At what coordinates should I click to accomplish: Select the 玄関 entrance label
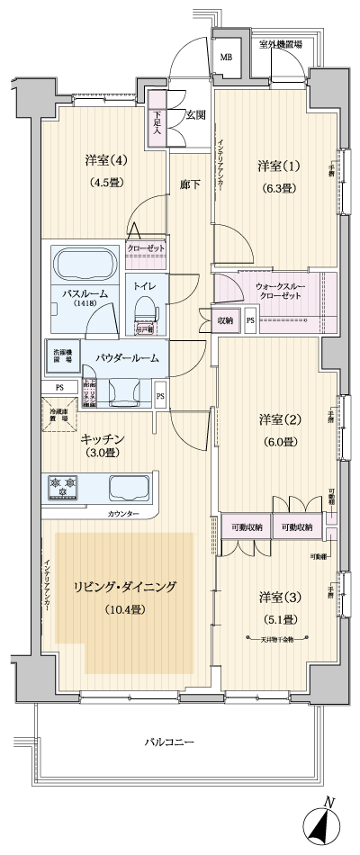[196, 114]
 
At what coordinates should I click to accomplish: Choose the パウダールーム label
[129, 357]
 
